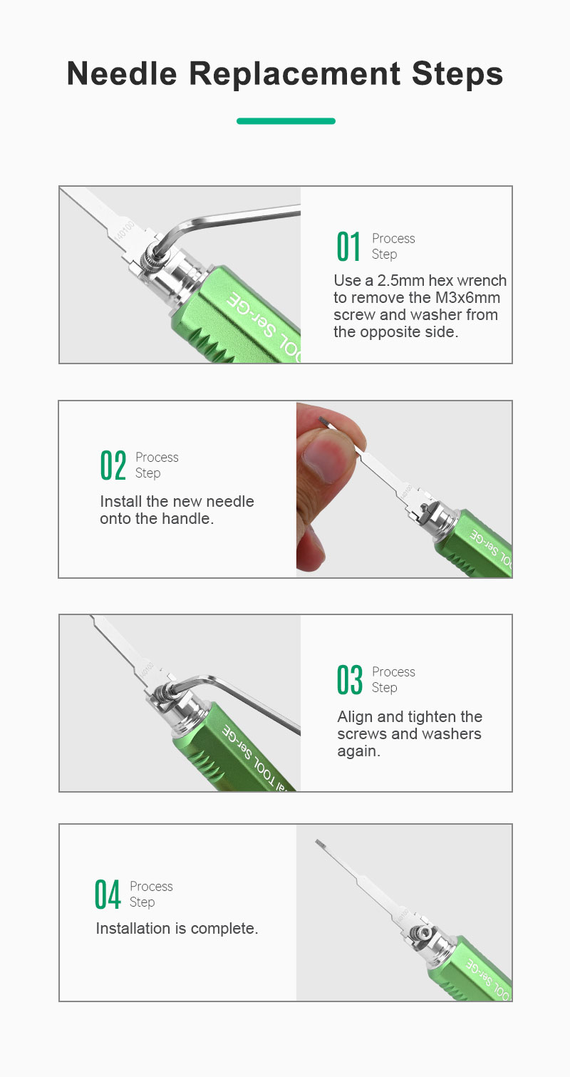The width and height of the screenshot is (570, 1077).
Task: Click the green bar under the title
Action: (286, 121)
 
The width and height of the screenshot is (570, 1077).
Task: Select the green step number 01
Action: (348, 247)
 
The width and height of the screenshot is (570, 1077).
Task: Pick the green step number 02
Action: (113, 465)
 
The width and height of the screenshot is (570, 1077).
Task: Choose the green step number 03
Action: (349, 680)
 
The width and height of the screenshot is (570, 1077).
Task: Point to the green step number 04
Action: (107, 895)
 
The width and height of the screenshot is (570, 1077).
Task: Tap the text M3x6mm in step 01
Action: (467, 298)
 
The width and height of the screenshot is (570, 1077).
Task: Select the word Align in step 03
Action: (355, 717)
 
